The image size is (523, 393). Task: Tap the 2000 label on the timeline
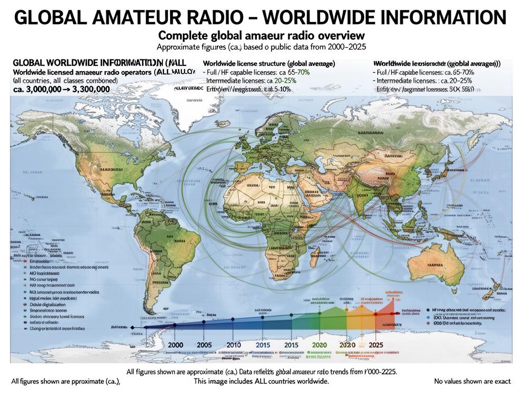pos(175,345)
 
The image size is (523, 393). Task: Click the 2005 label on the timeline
pos(204,345)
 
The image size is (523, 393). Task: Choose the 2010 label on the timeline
pos(233,345)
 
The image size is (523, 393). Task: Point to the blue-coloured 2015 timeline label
pos(263,345)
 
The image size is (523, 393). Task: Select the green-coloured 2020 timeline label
pos(319,345)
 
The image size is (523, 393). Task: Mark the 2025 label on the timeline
pos(375,345)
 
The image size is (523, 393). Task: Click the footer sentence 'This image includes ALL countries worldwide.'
pos(261,381)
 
